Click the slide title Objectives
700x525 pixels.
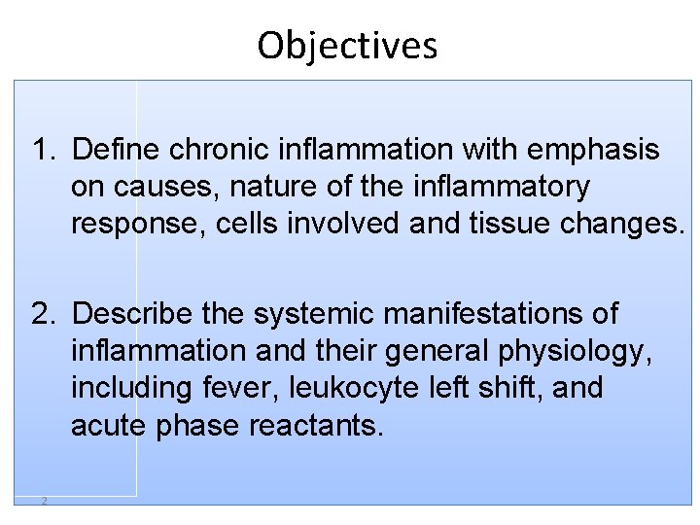(x=347, y=46)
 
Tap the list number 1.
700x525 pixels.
(x=44, y=151)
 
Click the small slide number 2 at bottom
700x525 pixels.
(x=44, y=501)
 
